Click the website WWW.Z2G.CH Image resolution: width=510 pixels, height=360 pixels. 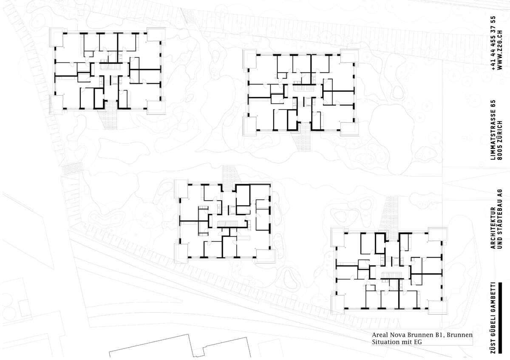(x=500, y=50)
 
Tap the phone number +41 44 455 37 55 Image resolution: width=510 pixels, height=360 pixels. (x=493, y=43)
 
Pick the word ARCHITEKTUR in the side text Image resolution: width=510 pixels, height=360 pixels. (x=493, y=228)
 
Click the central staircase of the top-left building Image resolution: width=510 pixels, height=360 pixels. (x=110, y=66)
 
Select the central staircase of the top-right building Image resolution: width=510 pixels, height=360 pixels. (x=303, y=88)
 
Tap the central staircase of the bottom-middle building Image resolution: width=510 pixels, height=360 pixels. (x=227, y=224)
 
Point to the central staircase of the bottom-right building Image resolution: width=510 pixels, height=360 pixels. (x=391, y=276)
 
